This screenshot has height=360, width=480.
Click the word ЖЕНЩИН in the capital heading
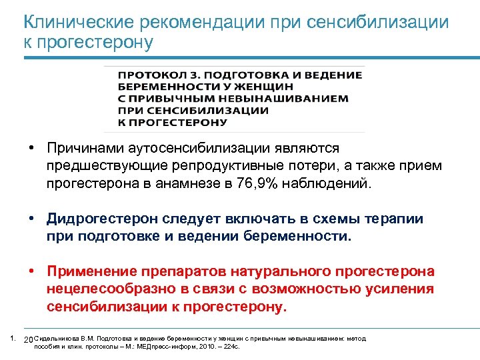point(268,87)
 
